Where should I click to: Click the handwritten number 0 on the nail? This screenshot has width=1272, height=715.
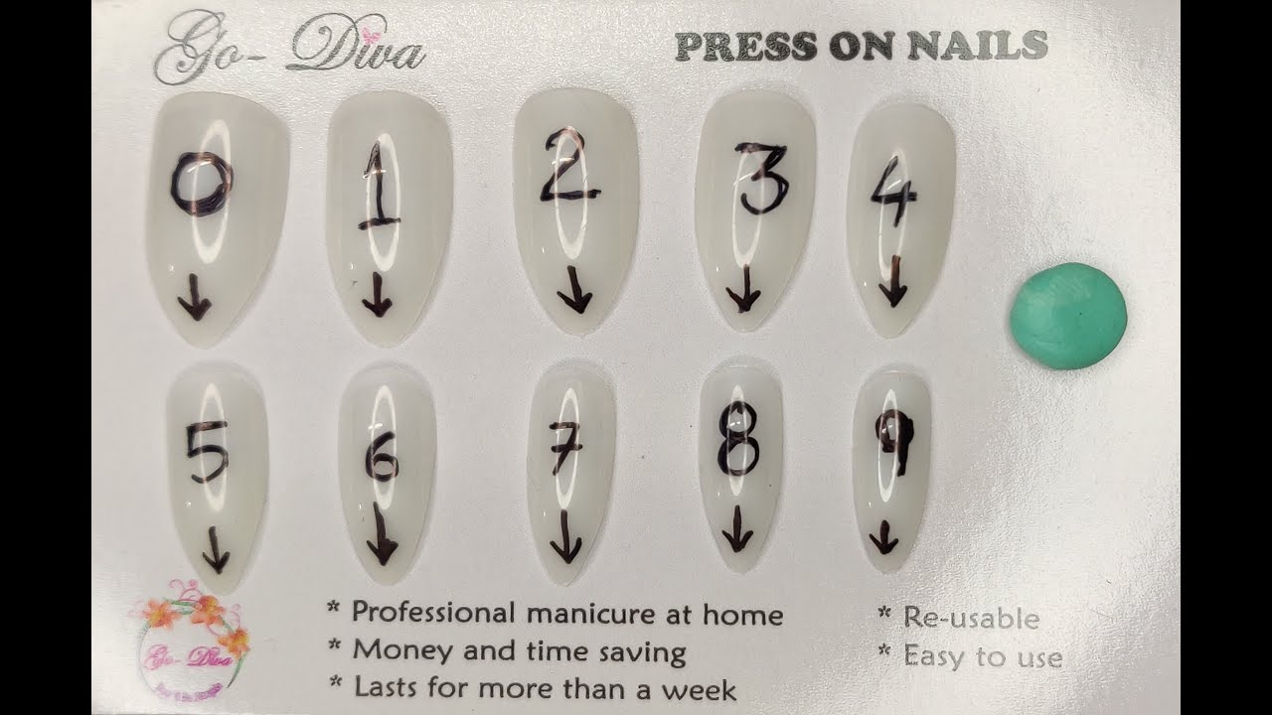click(200, 185)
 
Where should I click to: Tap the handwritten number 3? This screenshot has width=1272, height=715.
click(762, 180)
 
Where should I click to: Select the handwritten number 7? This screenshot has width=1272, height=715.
click(565, 447)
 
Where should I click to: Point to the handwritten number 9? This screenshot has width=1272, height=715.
click(893, 443)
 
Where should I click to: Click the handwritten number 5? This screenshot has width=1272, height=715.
click(208, 452)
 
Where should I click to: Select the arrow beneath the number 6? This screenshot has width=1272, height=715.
click(381, 536)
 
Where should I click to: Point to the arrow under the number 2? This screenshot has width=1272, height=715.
click(573, 290)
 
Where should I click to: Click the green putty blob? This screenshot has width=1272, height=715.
click(1068, 316)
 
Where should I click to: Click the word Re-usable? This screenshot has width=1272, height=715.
click(971, 619)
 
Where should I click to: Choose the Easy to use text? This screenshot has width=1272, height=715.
click(982, 657)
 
